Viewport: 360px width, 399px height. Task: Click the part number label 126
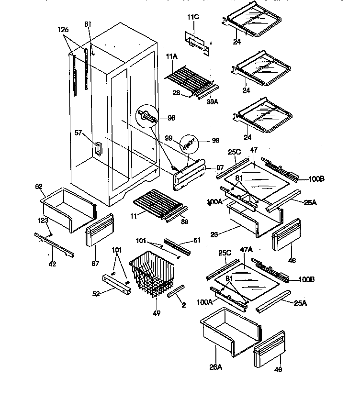click(x=63, y=30)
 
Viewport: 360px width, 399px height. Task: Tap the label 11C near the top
click(x=193, y=17)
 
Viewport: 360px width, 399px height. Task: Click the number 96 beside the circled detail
click(x=171, y=118)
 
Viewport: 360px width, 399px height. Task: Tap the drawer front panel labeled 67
click(x=99, y=230)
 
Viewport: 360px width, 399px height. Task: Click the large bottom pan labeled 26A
click(x=232, y=331)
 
